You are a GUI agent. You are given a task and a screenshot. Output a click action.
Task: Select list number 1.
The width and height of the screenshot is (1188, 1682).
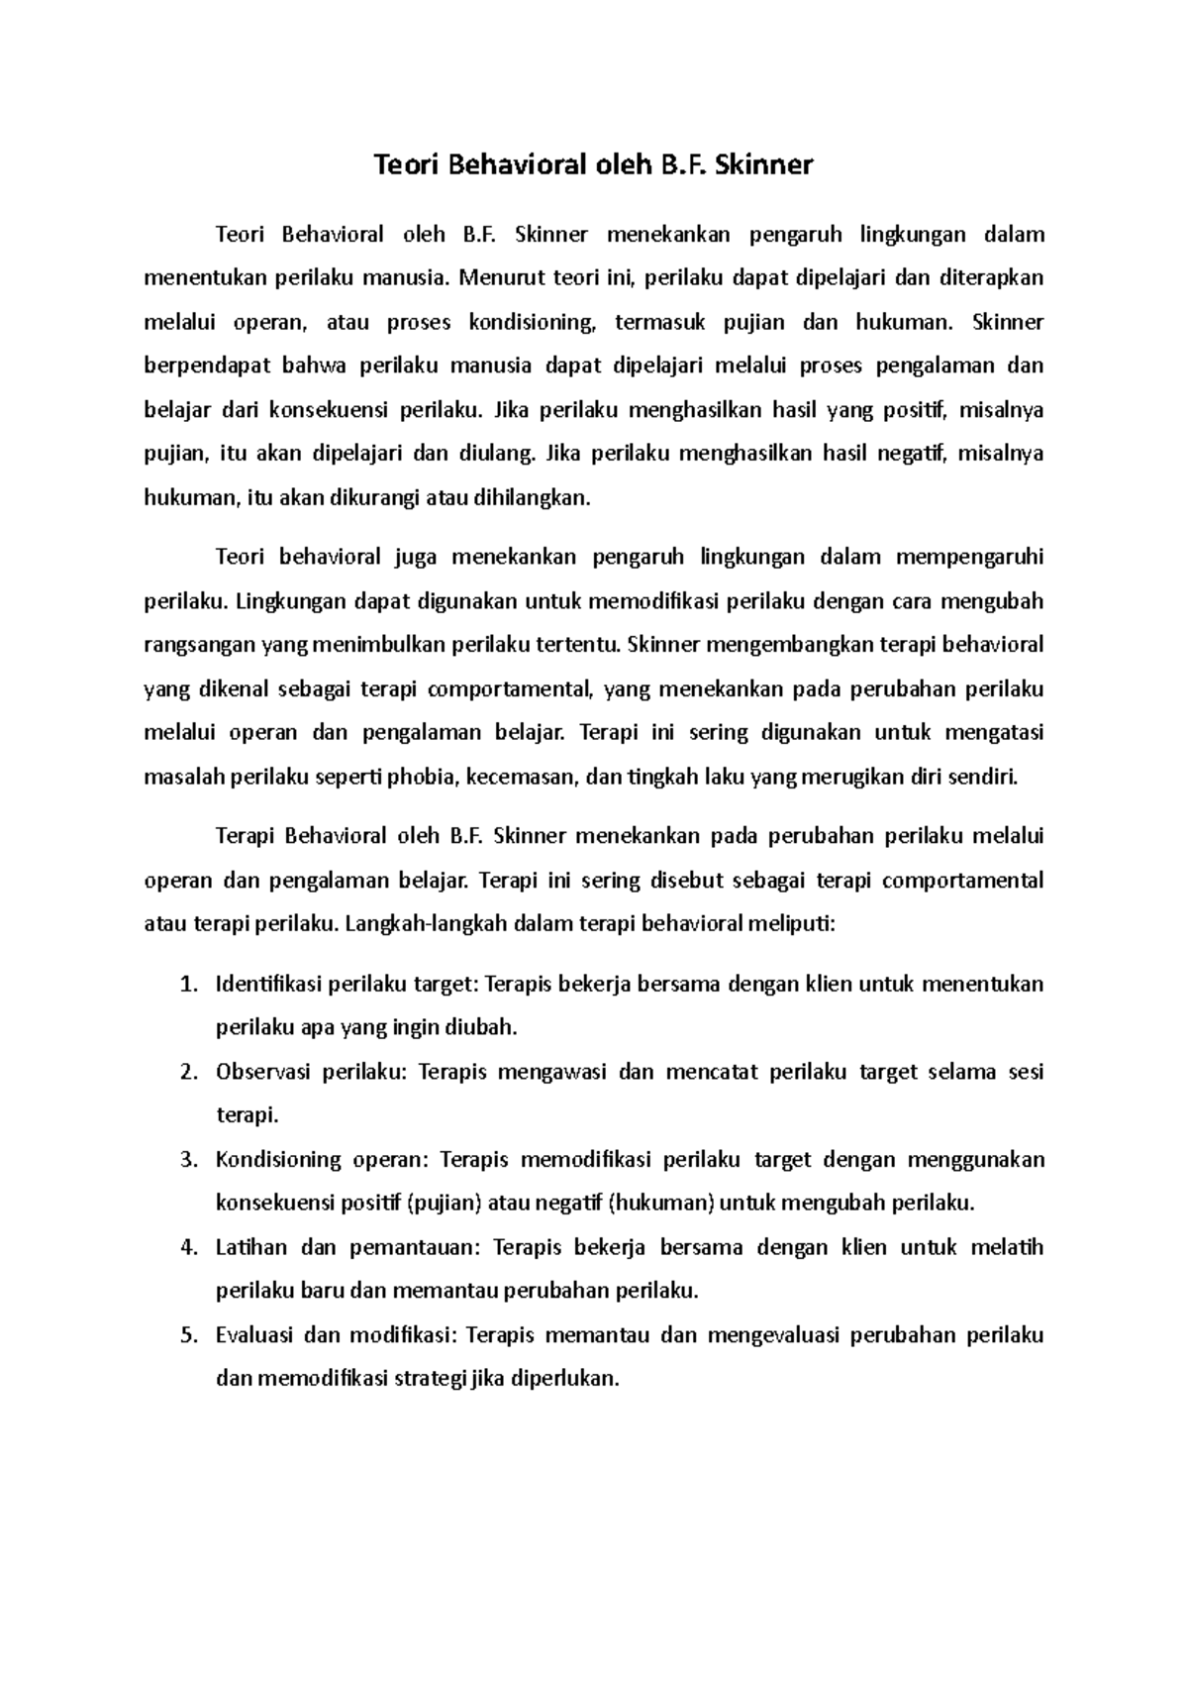(x=190, y=985)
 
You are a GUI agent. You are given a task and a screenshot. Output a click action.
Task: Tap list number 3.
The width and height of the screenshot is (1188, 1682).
(x=190, y=1160)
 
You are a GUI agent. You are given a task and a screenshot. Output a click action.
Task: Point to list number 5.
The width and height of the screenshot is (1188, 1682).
(x=190, y=1335)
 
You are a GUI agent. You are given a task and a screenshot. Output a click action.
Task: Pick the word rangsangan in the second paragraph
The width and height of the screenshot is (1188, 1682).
(x=199, y=646)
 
